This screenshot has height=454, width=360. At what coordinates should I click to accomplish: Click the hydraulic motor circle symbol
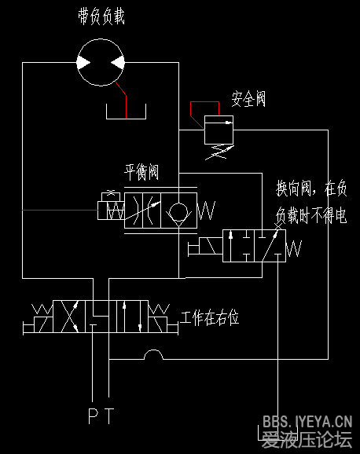pyautogui.click(x=101, y=62)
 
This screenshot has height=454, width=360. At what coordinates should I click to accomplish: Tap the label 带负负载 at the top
pyautogui.click(x=101, y=16)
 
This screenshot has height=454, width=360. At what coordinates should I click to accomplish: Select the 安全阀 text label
pyautogui.click(x=248, y=100)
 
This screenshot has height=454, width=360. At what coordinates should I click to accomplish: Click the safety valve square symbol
pyautogui.click(x=219, y=130)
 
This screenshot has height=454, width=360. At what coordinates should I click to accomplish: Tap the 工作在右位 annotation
pyautogui.click(x=210, y=318)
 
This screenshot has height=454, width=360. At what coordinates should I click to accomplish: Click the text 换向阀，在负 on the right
pyautogui.click(x=311, y=189)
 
